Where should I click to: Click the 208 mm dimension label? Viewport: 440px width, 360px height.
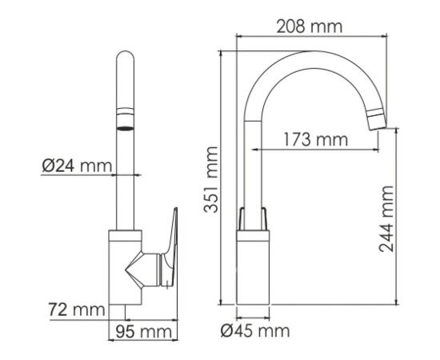[310, 26]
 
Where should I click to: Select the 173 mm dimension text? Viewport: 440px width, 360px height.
[314, 140]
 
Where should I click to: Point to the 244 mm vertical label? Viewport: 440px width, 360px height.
[386, 218]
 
